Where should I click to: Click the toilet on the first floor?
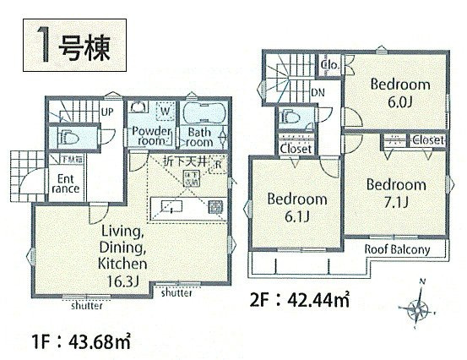[x=65, y=134]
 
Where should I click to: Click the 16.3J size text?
[x=127, y=280]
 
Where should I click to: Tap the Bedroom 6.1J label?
[x=296, y=207]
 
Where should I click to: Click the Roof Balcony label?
[x=397, y=250]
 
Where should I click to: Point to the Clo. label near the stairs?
[x=329, y=63]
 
